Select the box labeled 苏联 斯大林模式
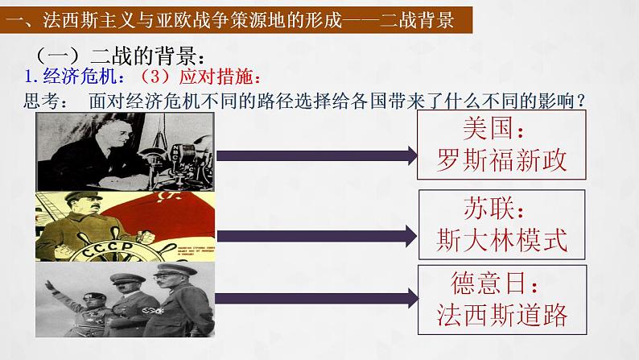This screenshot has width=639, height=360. coord(500,224)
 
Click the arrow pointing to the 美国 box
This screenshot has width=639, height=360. coord(315,154)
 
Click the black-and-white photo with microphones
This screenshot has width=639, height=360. coord(126,151)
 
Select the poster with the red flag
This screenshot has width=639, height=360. coord(126,227)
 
